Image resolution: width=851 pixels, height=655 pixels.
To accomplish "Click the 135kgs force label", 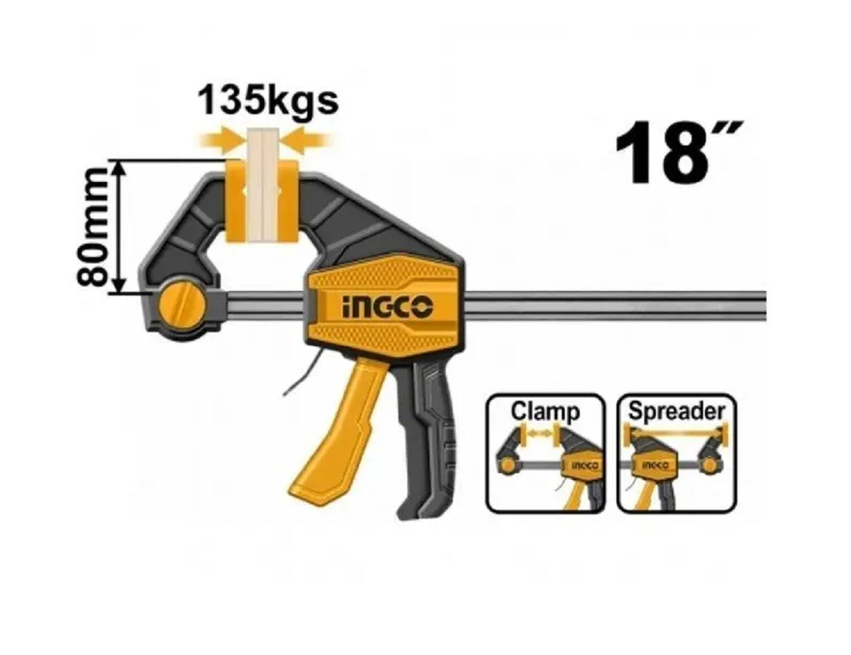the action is click(269, 101).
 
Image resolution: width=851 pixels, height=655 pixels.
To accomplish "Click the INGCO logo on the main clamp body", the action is click(387, 308).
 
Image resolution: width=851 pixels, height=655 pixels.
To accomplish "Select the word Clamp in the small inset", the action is click(545, 410).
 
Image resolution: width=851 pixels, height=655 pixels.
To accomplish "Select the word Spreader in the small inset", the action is click(676, 410).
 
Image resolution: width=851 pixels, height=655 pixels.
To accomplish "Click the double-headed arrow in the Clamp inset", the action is click(539, 434).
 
